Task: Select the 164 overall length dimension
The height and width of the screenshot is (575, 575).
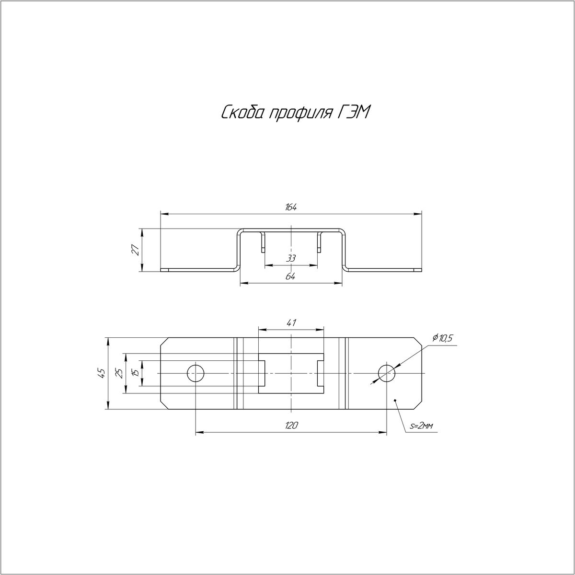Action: coord(291,207)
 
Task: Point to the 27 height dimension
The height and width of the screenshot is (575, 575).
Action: coord(136,250)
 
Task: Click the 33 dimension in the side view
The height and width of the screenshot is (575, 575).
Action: coord(291,258)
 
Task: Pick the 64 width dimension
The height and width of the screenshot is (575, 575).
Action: coord(291,276)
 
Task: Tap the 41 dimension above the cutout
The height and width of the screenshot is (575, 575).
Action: coord(290,322)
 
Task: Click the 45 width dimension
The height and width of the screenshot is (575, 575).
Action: coord(102,373)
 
